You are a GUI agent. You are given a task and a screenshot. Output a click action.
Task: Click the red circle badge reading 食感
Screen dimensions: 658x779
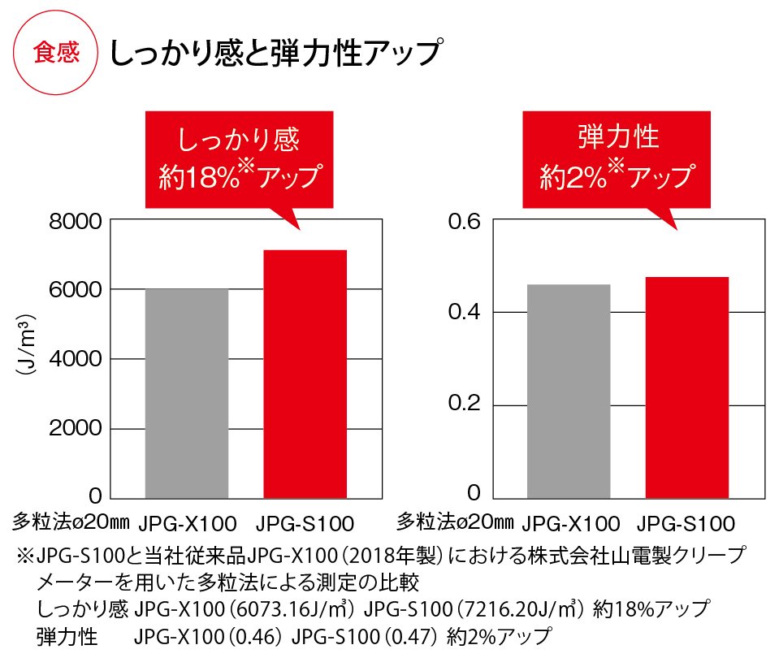56,54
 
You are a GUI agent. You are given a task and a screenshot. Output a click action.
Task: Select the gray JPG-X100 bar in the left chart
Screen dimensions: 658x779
187,393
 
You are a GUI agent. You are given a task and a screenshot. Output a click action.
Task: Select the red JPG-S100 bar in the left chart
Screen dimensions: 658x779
306,374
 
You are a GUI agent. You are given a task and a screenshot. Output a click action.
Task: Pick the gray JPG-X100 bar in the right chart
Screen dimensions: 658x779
569,391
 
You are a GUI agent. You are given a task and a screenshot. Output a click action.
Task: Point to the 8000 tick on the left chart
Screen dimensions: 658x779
76,222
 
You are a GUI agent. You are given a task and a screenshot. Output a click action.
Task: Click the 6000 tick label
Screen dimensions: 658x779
76,291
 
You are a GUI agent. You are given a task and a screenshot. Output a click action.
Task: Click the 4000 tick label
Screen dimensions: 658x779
76,360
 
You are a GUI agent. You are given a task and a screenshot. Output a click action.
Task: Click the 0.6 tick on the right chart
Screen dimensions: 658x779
465,222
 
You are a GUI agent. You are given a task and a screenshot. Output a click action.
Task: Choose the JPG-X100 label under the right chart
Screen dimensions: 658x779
570,522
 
